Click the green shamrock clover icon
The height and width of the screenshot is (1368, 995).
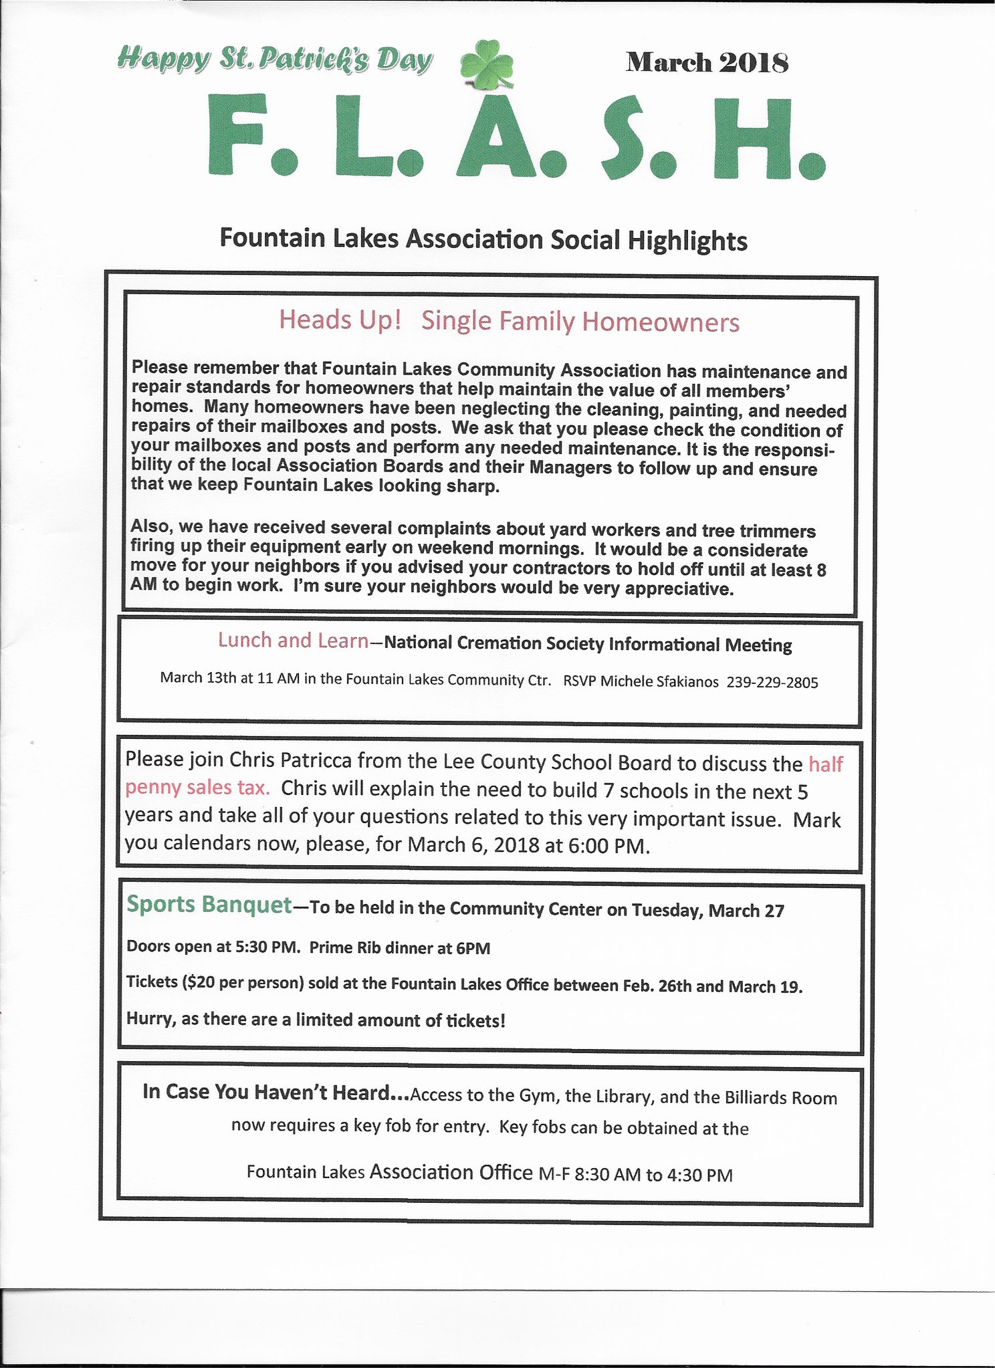[487, 64]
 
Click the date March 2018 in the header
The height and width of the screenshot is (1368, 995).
[707, 63]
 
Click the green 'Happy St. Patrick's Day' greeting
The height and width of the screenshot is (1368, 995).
[274, 60]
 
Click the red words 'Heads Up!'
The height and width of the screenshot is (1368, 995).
[340, 320]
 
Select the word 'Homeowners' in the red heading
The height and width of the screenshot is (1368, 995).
[660, 322]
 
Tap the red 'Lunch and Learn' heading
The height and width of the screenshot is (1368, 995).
[293, 641]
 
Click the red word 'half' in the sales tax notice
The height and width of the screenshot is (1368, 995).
[826, 764]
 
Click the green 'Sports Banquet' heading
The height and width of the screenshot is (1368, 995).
[209, 905]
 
